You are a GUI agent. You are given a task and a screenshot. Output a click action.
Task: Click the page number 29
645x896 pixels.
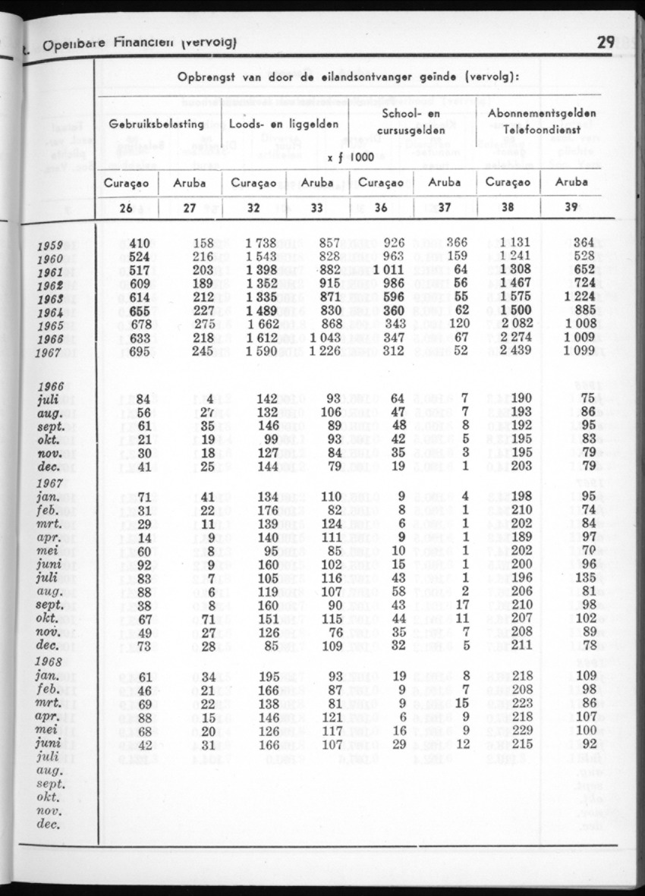[x=605, y=42]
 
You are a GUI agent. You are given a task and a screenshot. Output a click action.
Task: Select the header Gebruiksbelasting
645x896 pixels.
[x=156, y=123]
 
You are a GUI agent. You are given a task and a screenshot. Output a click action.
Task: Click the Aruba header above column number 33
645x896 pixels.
[x=317, y=182]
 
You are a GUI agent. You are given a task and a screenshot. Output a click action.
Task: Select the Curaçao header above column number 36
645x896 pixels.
[x=380, y=182]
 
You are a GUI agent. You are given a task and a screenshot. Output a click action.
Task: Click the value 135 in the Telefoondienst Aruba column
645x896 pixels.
[x=583, y=577]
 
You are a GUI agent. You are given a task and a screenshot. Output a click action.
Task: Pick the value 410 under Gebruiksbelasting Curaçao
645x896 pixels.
[x=140, y=243]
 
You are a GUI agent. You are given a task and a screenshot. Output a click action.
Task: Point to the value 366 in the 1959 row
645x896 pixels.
[x=456, y=243]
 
